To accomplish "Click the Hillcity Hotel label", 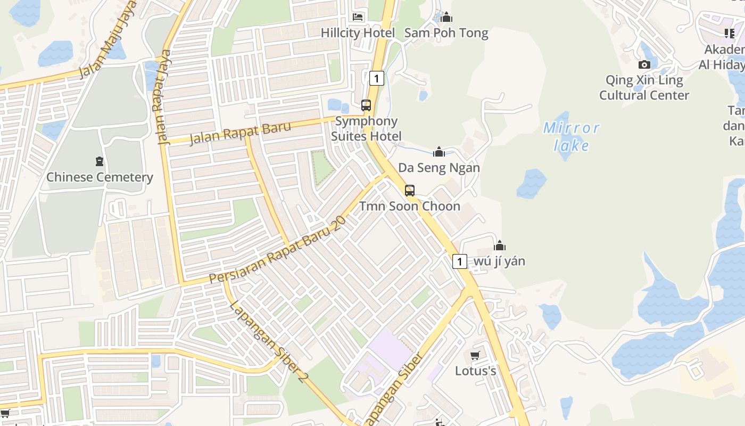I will (x=358, y=33).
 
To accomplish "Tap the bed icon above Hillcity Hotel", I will (x=358, y=17).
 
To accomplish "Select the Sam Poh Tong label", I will (x=446, y=33).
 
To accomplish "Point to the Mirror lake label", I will (x=572, y=136).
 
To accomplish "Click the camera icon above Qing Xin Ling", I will (x=644, y=65).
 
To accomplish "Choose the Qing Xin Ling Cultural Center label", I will (x=644, y=88).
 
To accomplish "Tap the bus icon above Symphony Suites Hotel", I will (x=366, y=105).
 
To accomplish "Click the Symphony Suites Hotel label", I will (x=366, y=129).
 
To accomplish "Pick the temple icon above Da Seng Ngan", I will (x=439, y=152).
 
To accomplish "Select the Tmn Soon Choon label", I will (x=409, y=206).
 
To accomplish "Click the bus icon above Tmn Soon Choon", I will (x=409, y=190).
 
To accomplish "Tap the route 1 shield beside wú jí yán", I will (x=460, y=261).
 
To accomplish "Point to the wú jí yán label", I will (x=499, y=261).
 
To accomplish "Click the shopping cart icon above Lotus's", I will (x=475, y=355).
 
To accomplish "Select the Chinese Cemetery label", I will (x=100, y=177).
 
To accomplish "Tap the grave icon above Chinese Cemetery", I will (x=100, y=161).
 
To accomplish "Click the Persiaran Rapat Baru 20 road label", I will (x=277, y=250).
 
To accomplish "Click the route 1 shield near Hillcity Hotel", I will (x=377, y=78).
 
